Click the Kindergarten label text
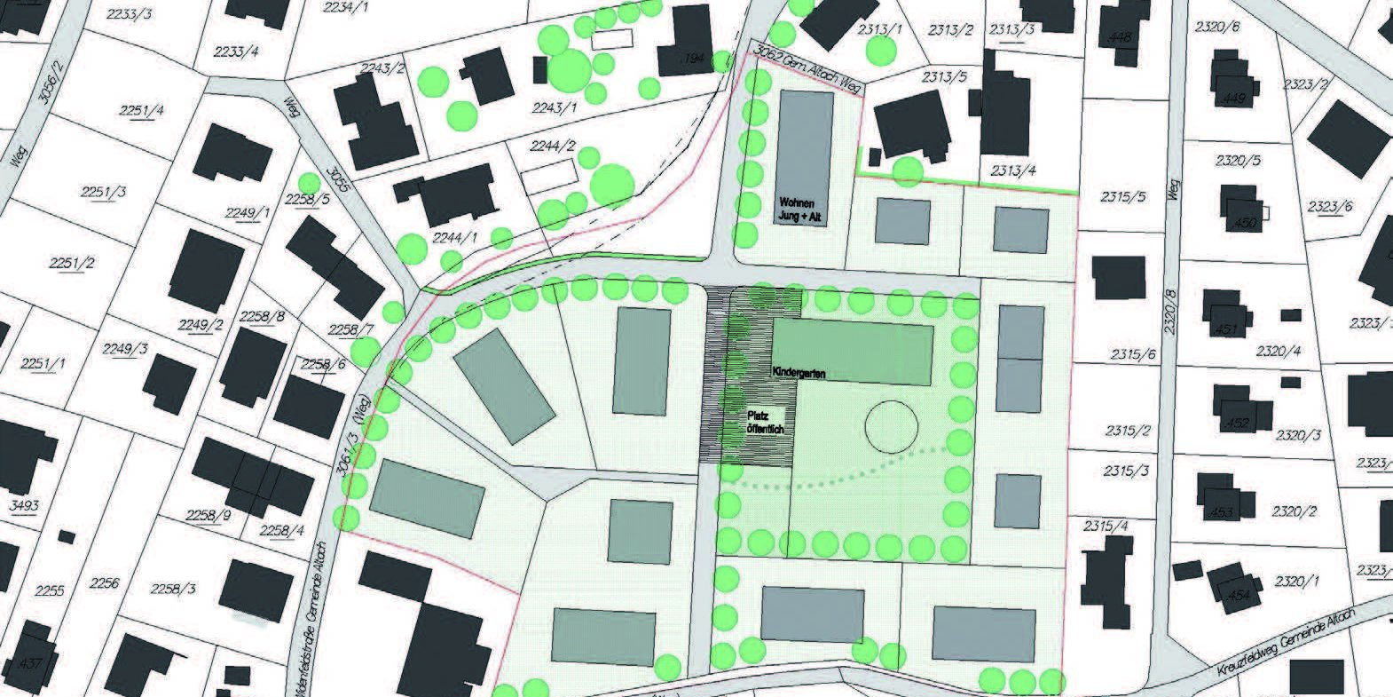[x=799, y=374]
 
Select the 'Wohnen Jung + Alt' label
[x=803, y=207]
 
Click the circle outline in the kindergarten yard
[x=890, y=427]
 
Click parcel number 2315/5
[x=1122, y=196]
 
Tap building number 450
[x=1246, y=223]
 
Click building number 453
[x=1223, y=512]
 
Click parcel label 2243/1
[x=555, y=107]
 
